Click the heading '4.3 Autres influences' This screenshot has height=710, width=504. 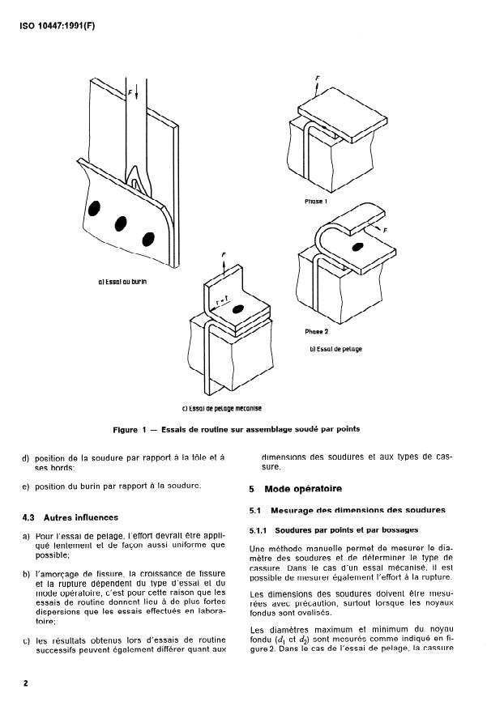point(70,517)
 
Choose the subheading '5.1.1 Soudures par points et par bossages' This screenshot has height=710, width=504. point(322,529)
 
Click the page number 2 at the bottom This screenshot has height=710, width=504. point(26,683)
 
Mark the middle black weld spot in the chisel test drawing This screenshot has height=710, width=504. point(122,222)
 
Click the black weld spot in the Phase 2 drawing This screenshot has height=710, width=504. point(357,245)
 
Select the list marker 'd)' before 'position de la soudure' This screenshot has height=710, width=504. point(27,458)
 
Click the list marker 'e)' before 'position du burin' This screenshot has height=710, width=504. point(27,486)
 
